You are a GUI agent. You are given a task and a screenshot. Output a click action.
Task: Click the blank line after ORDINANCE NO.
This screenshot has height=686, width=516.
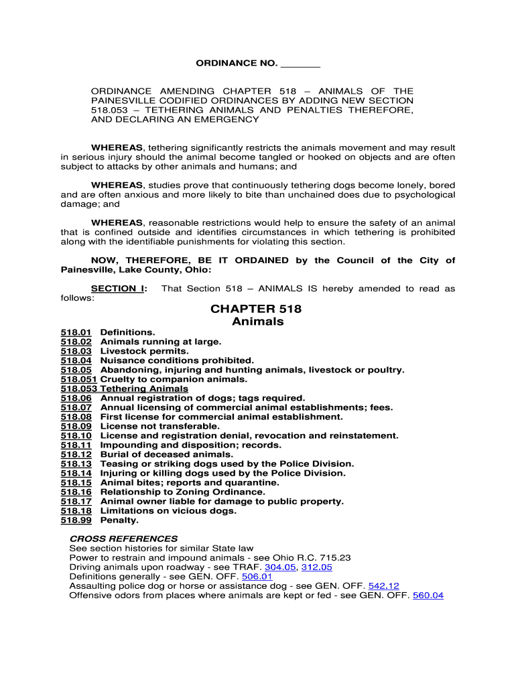(300, 64)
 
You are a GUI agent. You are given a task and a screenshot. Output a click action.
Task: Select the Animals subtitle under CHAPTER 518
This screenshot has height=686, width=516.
(257, 322)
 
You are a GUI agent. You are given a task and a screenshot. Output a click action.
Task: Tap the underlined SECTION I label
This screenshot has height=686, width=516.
(119, 289)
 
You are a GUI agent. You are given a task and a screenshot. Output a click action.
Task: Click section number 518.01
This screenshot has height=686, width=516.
(76, 332)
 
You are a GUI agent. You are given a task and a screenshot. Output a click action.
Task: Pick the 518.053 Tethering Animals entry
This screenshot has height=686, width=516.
(125, 389)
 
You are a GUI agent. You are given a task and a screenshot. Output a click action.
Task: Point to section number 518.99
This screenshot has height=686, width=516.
(76, 520)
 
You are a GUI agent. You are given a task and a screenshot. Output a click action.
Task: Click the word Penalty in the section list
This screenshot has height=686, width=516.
(119, 520)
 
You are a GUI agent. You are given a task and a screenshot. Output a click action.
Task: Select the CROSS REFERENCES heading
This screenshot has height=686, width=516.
(123, 539)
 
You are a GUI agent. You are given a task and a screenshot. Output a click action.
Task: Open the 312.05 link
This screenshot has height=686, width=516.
(316, 567)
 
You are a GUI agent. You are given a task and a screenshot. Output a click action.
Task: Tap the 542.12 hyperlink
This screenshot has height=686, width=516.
(383, 586)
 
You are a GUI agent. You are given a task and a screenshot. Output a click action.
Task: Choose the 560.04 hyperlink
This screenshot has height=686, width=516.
(428, 595)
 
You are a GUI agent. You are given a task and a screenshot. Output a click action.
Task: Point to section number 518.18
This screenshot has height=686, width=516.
(76, 510)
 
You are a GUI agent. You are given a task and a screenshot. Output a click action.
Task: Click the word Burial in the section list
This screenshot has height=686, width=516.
(115, 454)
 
